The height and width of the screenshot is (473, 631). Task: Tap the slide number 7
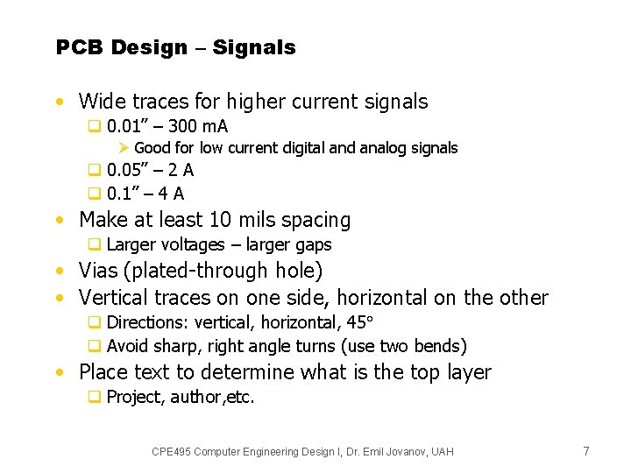(x=586, y=451)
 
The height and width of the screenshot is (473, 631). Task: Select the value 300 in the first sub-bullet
(x=179, y=127)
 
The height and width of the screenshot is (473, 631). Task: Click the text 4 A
(x=173, y=194)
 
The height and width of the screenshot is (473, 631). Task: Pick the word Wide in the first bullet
(x=102, y=102)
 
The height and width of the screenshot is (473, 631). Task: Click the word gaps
(x=312, y=245)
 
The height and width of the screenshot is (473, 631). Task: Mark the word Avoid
(x=127, y=346)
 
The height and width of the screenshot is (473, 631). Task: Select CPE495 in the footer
(x=173, y=452)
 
